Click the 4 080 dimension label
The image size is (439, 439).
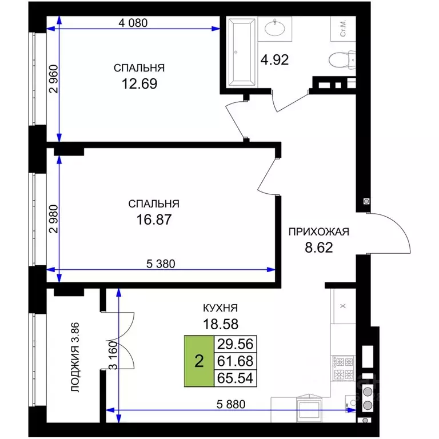coord(133,23)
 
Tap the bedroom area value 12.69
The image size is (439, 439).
coord(139,83)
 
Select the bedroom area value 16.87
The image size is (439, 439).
coord(154,219)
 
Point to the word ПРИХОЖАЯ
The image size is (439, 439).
coord(319,232)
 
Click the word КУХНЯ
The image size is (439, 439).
coord(220,308)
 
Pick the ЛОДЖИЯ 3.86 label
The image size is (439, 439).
coord(75,357)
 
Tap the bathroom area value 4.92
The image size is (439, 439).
coord(274,60)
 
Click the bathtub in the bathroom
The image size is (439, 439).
coord(242,52)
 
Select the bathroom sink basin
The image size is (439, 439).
coord(275,28)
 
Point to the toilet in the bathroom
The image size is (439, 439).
coord(342,59)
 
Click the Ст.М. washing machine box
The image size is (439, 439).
coord(343,29)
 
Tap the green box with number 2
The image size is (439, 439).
coord(199,361)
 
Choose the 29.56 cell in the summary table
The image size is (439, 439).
coord(235,344)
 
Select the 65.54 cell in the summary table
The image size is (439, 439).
coord(235,378)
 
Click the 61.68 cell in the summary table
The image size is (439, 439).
coord(235,361)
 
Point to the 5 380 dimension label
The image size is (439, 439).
coord(161,264)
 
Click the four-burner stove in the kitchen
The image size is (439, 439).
coord(343,368)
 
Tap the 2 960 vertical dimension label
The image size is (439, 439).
coord(54,79)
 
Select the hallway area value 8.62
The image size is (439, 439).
coord(319,248)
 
